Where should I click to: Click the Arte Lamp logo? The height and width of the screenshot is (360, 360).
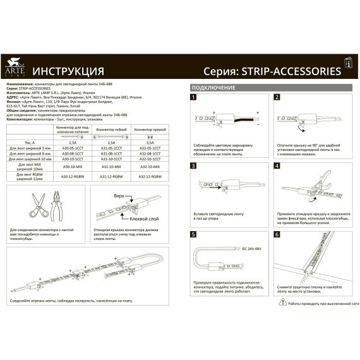(13, 65)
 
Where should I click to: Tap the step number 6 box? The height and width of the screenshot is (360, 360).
(277, 234)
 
